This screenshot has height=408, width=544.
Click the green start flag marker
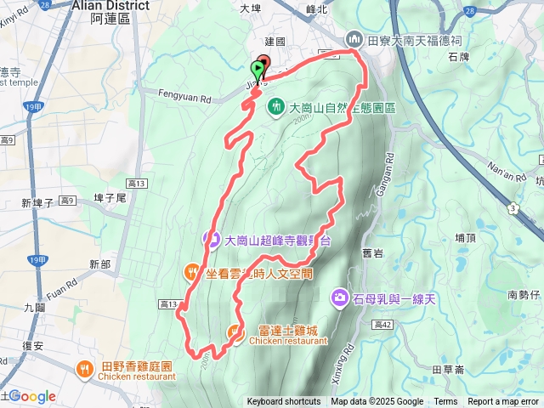click(257, 70)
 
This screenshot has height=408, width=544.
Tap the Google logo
click(31, 396)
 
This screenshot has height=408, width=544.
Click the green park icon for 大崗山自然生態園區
click(276, 107)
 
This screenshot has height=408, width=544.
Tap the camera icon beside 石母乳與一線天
click(339, 297)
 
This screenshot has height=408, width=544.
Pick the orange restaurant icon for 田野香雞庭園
click(84, 368)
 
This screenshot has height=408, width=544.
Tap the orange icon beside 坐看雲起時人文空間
click(191, 273)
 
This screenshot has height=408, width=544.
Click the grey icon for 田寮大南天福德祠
click(354, 40)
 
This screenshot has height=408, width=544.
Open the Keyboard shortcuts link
click(283, 402)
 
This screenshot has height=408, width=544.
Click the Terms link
click(445, 402)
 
